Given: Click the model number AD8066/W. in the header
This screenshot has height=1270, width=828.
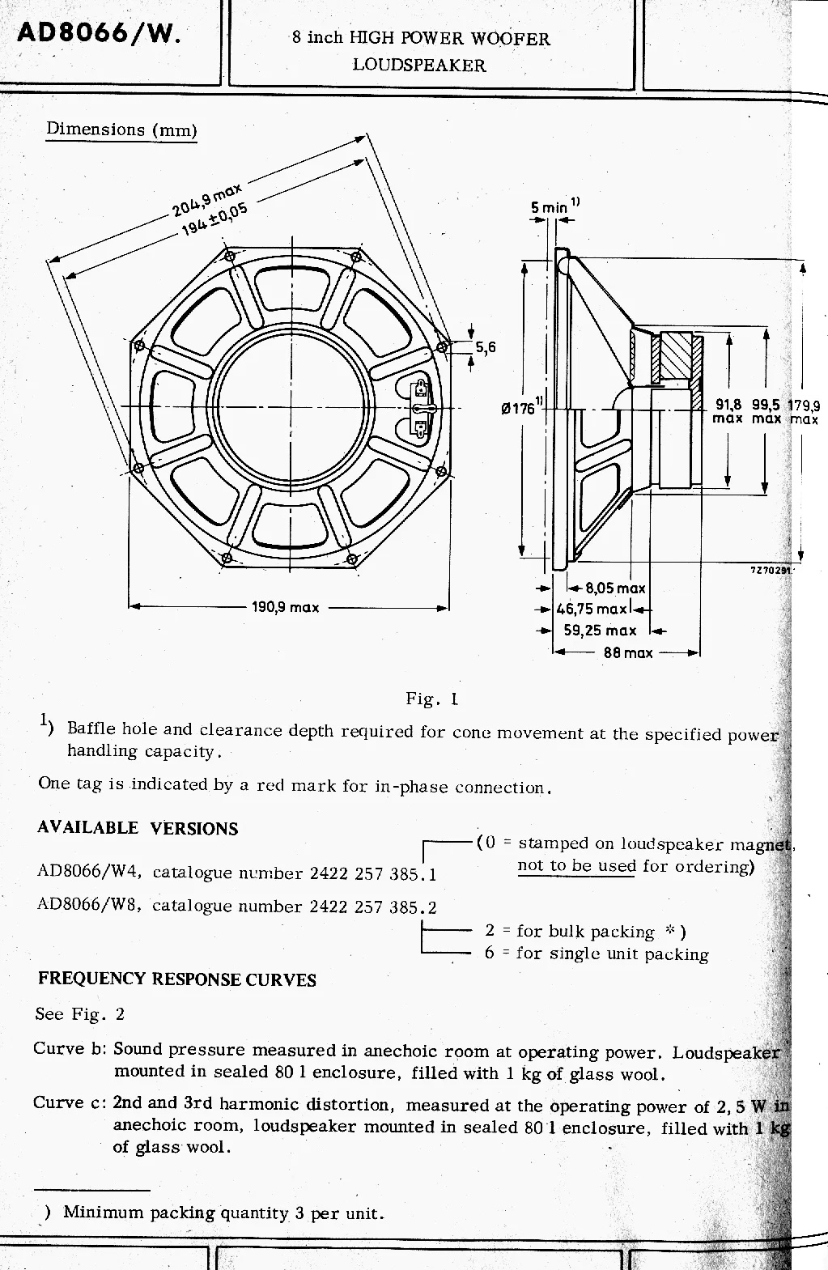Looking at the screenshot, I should pyautogui.click(x=100, y=35).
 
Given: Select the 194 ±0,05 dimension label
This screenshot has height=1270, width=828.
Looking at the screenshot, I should pyautogui.click(x=214, y=219).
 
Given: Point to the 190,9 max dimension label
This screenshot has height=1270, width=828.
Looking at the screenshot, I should pyautogui.click(x=285, y=607).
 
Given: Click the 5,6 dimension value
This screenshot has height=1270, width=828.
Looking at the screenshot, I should pyautogui.click(x=485, y=348).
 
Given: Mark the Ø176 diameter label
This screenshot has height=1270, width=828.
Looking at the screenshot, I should pyautogui.click(x=520, y=408).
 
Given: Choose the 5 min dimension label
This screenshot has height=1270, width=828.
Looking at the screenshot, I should pyautogui.click(x=550, y=207).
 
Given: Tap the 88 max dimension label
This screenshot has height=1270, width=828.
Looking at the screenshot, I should pyautogui.click(x=628, y=652).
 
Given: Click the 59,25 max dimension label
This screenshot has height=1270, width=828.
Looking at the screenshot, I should pyautogui.click(x=600, y=631).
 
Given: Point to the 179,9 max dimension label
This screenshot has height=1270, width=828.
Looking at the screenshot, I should pyautogui.click(x=804, y=412).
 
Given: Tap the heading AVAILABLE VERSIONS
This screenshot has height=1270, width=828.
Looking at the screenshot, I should pyautogui.click(x=138, y=828).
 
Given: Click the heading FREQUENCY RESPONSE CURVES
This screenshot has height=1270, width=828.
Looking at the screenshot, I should pyautogui.click(x=176, y=979).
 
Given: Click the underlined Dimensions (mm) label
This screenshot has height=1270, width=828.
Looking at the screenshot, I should pyautogui.click(x=121, y=130).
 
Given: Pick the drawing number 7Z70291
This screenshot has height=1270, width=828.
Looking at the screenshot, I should pyautogui.click(x=771, y=570).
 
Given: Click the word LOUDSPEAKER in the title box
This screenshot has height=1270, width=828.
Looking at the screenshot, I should pyautogui.click(x=418, y=66).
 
